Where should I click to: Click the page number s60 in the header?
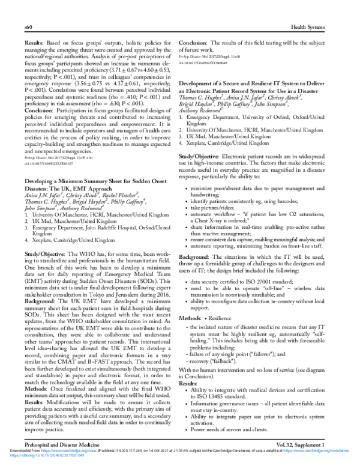tap(28, 28)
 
